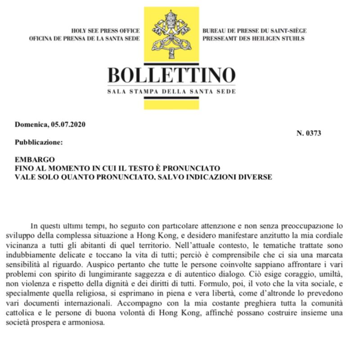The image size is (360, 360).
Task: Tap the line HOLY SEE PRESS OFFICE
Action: click(x=106, y=31)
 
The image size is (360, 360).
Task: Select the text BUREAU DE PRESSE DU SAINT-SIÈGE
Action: click(x=254, y=31)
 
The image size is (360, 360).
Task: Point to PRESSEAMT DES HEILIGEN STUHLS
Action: click(x=253, y=39)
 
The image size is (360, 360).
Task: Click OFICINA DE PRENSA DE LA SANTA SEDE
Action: click(x=85, y=39)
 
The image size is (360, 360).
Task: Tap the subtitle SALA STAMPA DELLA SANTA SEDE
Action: click(x=172, y=92)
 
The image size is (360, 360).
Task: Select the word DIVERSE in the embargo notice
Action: click(x=255, y=177)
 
